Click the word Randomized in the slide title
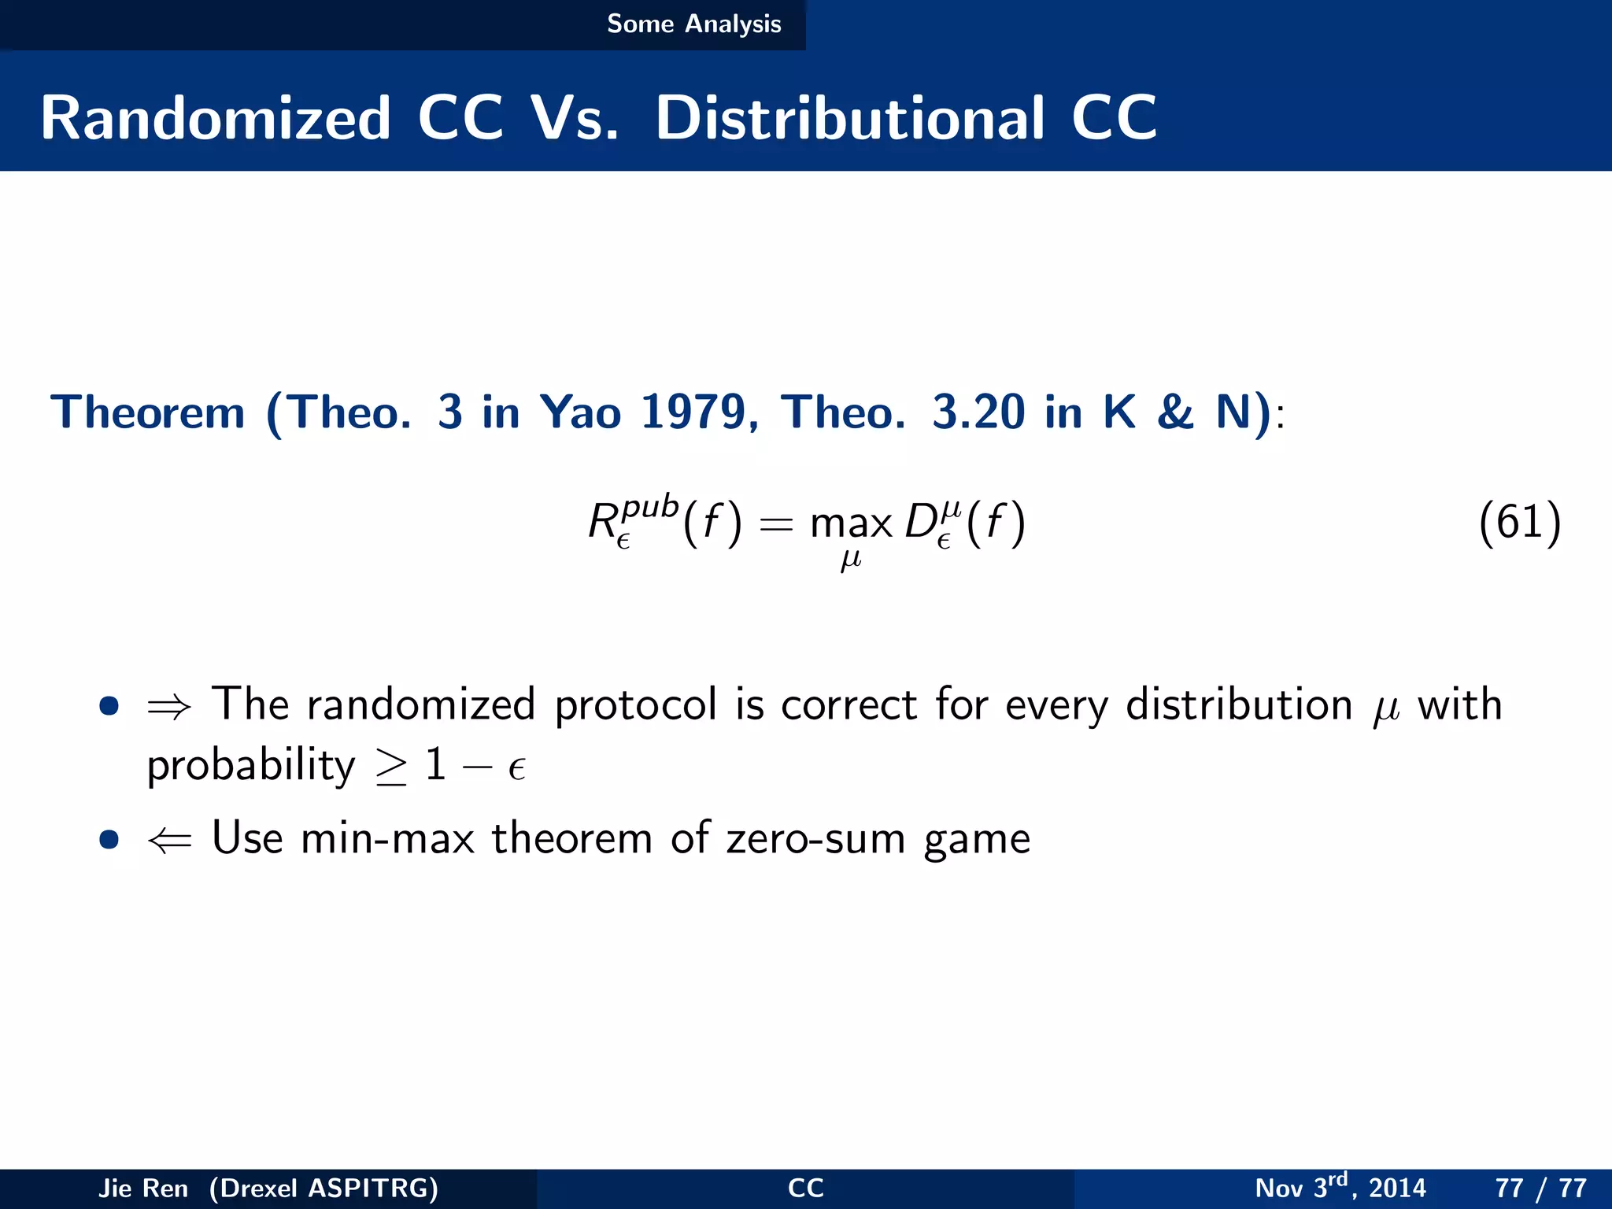[x=216, y=118]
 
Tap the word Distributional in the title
[x=850, y=118]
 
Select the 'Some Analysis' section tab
[x=693, y=24]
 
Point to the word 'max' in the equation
[x=851, y=524]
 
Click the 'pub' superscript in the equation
[x=649, y=506]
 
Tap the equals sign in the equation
[x=776, y=525]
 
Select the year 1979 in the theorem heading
[x=693, y=412]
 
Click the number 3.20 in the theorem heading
[x=978, y=412]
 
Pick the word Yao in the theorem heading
[x=580, y=412]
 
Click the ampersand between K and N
[x=1175, y=412]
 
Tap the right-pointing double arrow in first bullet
[x=169, y=707]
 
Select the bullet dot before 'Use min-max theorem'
[x=109, y=839]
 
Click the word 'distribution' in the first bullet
[x=1238, y=704]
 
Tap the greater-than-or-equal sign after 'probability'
[x=391, y=767]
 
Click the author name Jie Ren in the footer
[x=143, y=1188]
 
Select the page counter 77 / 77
[x=1540, y=1188]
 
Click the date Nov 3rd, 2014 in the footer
[x=1340, y=1187]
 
